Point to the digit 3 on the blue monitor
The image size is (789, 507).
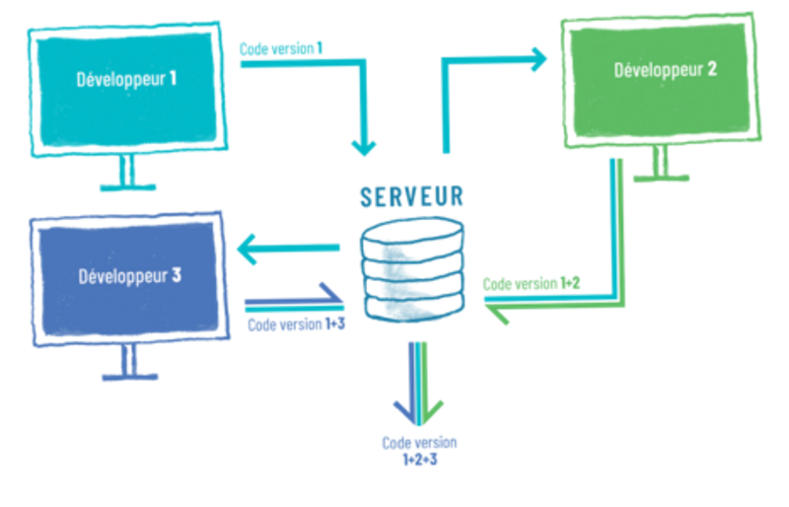tap(177, 275)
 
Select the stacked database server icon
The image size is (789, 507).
tap(411, 268)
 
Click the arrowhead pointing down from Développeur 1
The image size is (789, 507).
tap(365, 147)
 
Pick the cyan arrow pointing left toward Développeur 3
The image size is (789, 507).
tap(286, 253)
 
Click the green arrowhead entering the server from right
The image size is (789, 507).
tap(497, 314)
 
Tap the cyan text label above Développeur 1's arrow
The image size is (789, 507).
tap(281, 46)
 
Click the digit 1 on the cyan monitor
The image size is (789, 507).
tap(173, 78)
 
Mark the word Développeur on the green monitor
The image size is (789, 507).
tap(655, 70)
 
